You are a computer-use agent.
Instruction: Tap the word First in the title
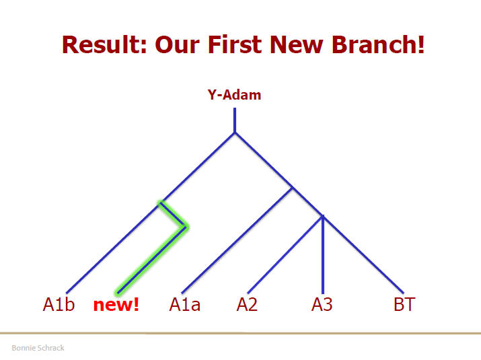[x=234, y=44]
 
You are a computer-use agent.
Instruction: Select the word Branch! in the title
[x=378, y=44]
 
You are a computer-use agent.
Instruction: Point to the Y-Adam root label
[x=234, y=95]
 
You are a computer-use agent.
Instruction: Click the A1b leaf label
[x=59, y=304]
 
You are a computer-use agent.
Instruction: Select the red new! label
[x=116, y=304]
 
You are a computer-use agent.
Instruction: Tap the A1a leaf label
[x=185, y=304]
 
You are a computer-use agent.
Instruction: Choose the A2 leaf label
[x=247, y=304]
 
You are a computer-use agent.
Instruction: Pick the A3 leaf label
[x=322, y=304]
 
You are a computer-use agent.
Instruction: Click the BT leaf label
[x=404, y=304]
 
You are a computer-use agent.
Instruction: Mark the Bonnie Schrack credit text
[x=38, y=348]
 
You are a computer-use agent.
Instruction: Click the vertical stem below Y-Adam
[x=235, y=120]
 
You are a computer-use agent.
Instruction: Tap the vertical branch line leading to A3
[x=323, y=254]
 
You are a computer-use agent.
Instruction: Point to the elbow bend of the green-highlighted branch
[x=186, y=227]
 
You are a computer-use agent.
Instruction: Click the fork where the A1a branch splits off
[x=293, y=188]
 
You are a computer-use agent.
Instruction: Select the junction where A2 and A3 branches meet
[x=323, y=216]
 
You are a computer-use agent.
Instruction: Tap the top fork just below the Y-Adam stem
[x=235, y=133]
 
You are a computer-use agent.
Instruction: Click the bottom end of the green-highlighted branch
[x=118, y=293]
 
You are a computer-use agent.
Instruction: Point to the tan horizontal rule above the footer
[x=241, y=333]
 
